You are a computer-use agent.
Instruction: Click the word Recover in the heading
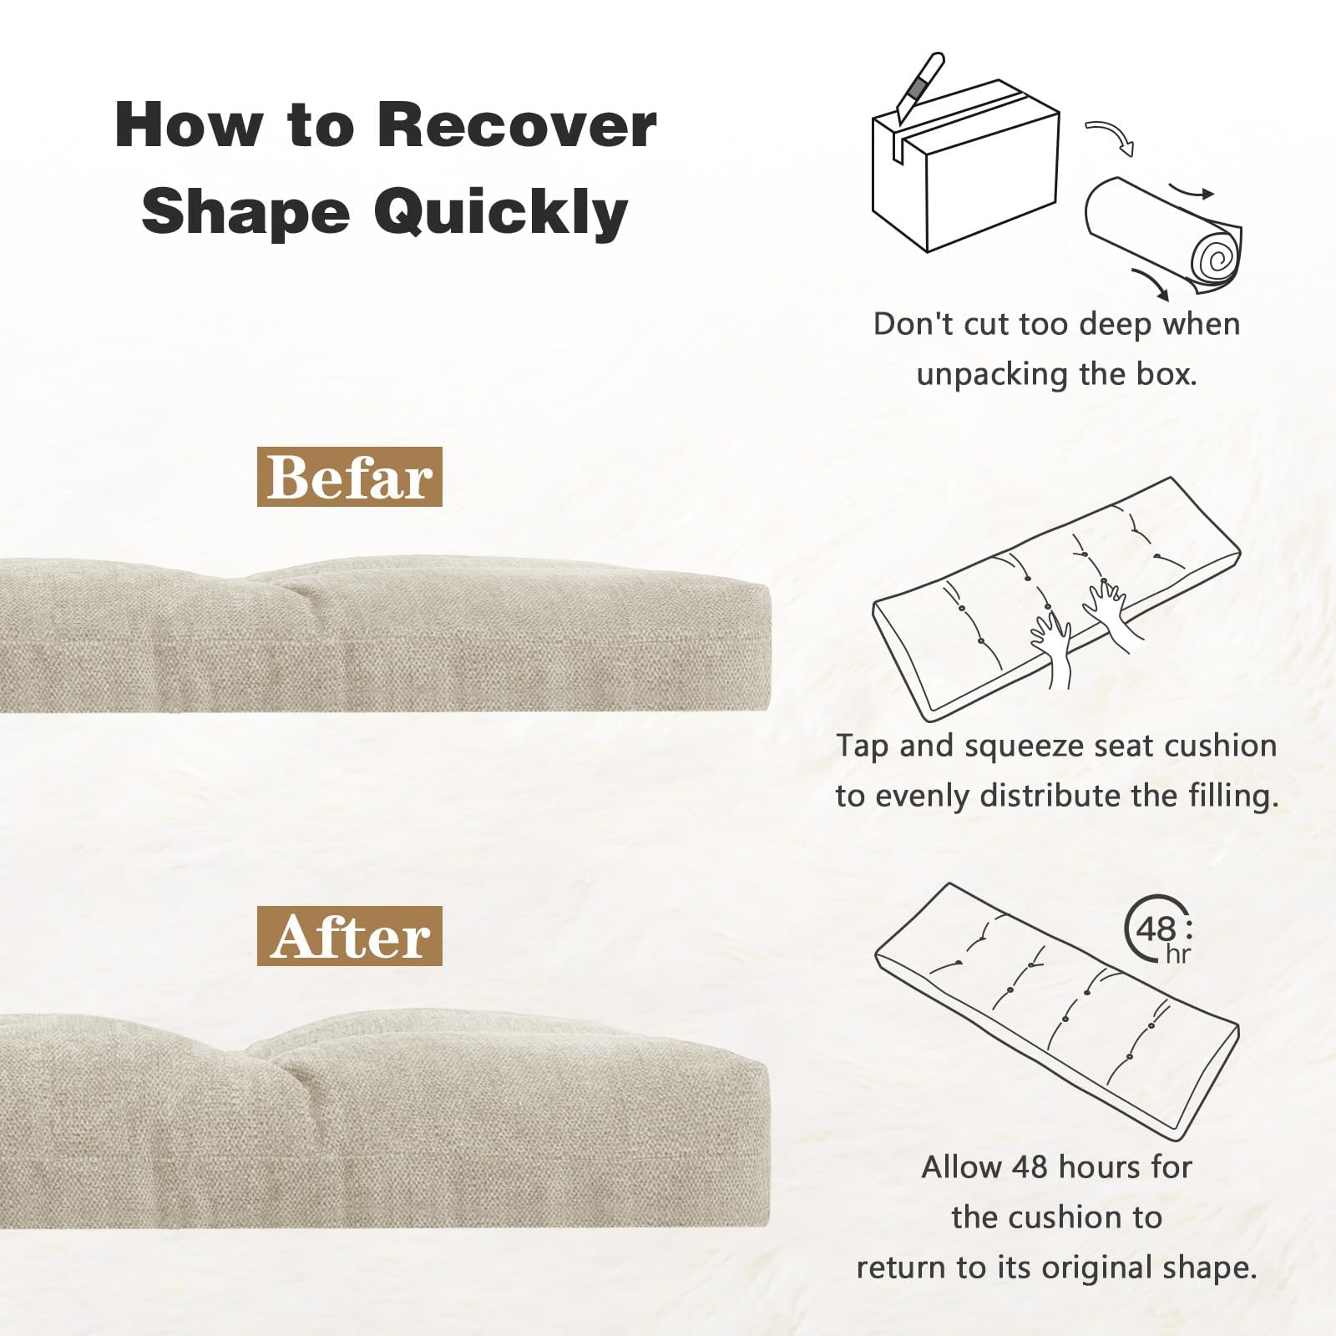click(x=517, y=124)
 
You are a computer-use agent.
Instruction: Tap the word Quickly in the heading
click(x=500, y=211)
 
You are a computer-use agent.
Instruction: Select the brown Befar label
click(x=349, y=477)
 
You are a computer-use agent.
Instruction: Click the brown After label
click(x=349, y=936)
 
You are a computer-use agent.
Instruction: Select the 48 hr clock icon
click(x=1161, y=929)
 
